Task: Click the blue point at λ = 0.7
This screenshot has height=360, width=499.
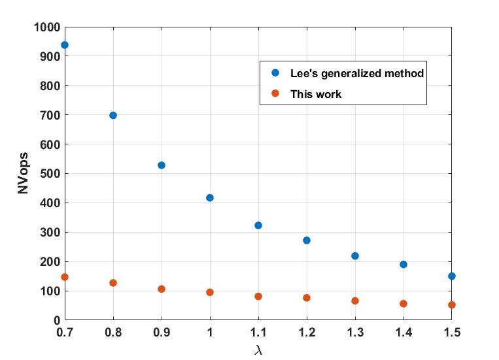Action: (65, 45)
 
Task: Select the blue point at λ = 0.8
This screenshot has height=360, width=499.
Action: (113, 116)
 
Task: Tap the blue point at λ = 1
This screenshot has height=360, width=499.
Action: (210, 198)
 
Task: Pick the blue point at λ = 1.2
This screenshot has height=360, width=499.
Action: (307, 240)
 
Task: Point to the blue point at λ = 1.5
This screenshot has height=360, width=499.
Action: (452, 276)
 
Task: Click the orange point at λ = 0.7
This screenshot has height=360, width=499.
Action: (65, 277)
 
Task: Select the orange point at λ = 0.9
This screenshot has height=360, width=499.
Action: (162, 289)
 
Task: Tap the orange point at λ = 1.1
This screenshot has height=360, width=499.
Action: (258, 297)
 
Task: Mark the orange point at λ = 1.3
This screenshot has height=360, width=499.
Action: (355, 301)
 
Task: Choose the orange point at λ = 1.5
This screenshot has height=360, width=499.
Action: (452, 305)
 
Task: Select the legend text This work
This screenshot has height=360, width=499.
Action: (316, 94)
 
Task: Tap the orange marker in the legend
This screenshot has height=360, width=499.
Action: (275, 94)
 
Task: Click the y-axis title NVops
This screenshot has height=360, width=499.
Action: (23, 174)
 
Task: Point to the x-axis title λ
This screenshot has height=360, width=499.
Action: (258, 350)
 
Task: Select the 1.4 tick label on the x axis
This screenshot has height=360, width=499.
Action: (404, 333)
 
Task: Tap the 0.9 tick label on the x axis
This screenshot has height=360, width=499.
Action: (162, 333)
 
